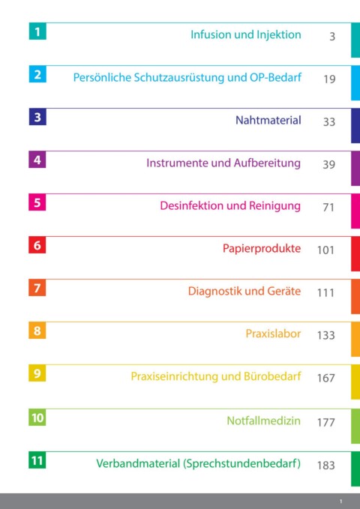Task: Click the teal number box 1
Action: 37,31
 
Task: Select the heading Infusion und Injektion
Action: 246,34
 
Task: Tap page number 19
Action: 329,79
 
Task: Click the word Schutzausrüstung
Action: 179,77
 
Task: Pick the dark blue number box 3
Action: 37,116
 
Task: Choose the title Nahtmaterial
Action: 268,120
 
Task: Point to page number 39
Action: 328,164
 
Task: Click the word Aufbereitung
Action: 267,163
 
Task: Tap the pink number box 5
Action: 37,202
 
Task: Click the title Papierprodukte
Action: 262,249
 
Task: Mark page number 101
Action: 326,250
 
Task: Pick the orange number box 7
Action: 37,288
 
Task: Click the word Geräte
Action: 284,291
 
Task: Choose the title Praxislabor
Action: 273,334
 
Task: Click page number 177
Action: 326,422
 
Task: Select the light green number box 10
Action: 37,418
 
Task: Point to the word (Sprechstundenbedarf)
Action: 241,463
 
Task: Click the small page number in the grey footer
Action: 340,502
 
